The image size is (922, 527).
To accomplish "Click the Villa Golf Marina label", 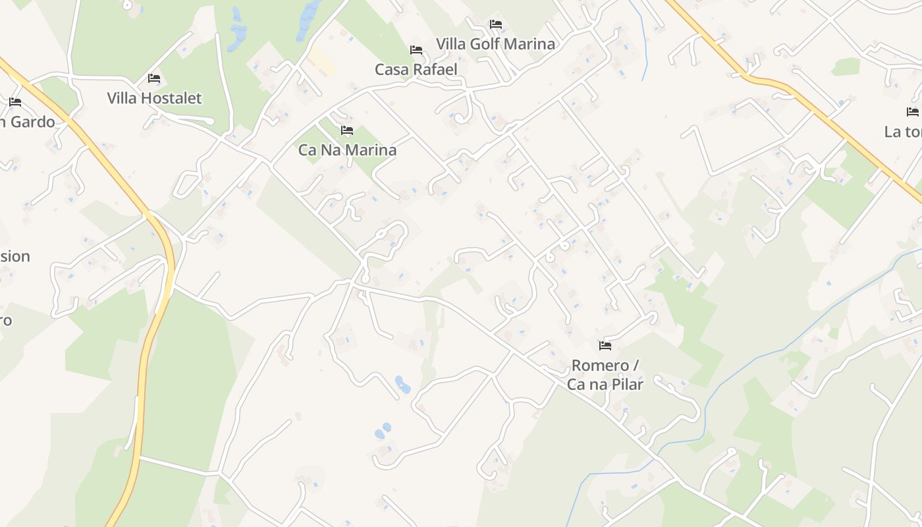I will (x=495, y=44).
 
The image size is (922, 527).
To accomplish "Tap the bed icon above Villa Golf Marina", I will (x=495, y=24).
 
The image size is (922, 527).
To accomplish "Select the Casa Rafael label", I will (x=416, y=69).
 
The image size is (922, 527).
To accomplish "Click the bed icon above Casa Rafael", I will (x=416, y=50).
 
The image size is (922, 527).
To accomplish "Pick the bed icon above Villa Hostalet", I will (x=153, y=78).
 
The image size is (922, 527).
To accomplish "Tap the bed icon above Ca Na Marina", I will (x=347, y=130).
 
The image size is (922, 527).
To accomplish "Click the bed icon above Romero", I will (x=605, y=345).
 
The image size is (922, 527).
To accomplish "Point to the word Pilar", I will (x=626, y=384).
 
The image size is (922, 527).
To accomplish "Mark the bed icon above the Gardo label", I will (x=15, y=102).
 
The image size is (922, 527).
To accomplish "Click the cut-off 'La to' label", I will (x=903, y=132).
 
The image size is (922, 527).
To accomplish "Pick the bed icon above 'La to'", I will (x=912, y=112).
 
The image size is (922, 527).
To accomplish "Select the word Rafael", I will (x=435, y=69).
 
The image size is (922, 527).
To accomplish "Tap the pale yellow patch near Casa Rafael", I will (x=321, y=61).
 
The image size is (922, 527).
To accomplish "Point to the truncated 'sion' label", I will (x=14, y=256).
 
